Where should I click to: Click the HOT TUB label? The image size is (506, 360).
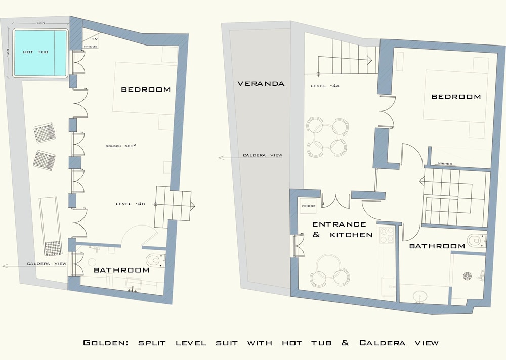[35, 52]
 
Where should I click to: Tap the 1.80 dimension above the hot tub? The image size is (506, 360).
[40, 23]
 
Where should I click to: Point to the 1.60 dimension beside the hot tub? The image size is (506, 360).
[8, 52]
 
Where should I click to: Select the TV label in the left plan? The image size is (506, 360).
[95, 39]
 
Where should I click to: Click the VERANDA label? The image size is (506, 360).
[261, 84]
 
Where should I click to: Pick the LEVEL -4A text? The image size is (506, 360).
[325, 86]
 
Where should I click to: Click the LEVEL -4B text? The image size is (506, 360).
[131, 204]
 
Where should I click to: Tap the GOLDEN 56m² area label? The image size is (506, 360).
[121, 146]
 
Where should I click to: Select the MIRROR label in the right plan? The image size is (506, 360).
[445, 164]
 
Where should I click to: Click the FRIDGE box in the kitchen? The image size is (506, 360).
[308, 205]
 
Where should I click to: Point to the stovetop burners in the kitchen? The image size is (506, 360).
[387, 235]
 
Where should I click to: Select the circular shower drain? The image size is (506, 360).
[467, 277]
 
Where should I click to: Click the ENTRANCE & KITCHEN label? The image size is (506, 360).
[343, 230]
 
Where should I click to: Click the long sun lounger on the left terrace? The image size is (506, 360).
[51, 226]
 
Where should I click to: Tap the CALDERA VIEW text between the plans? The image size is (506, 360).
[262, 156]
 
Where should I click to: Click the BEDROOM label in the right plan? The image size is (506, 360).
[456, 97]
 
